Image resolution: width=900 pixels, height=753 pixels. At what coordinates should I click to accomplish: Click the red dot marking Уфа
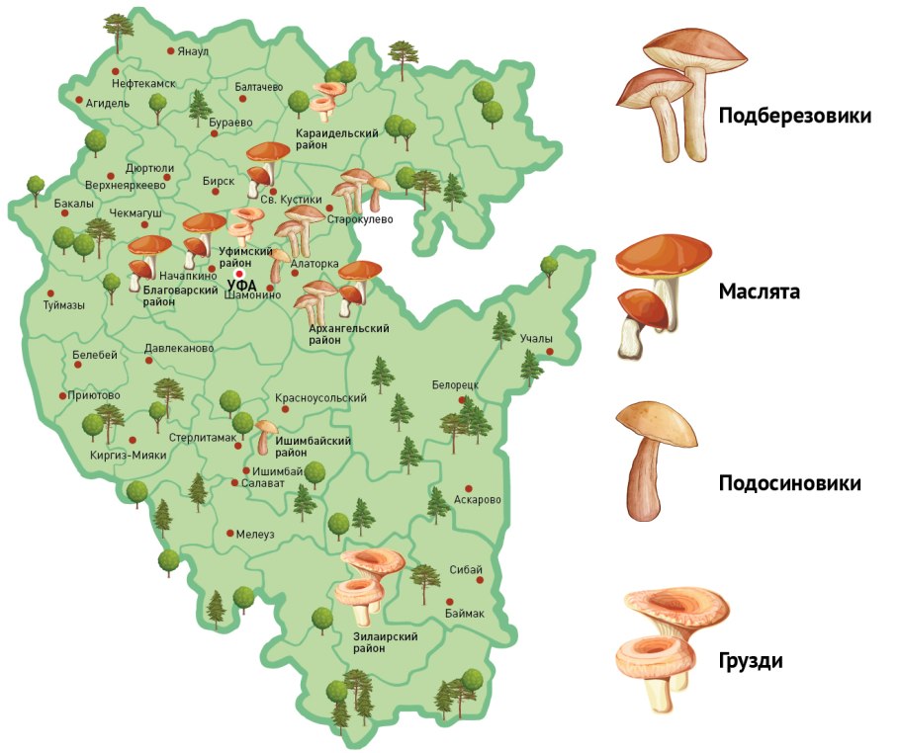(238, 274)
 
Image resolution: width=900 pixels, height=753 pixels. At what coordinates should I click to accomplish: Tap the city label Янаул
(194, 51)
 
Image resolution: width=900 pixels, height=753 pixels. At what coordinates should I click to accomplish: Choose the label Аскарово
(478, 499)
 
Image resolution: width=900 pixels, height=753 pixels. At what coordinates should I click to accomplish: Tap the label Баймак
(465, 614)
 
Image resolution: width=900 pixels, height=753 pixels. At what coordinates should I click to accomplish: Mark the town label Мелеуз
(255, 534)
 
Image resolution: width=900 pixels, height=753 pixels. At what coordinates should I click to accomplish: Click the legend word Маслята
(760, 293)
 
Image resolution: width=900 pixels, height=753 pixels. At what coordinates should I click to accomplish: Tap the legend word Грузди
(751, 661)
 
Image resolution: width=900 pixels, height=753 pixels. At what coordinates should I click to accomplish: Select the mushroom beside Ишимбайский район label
(264, 436)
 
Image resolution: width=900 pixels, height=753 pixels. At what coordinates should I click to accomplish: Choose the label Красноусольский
(321, 397)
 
